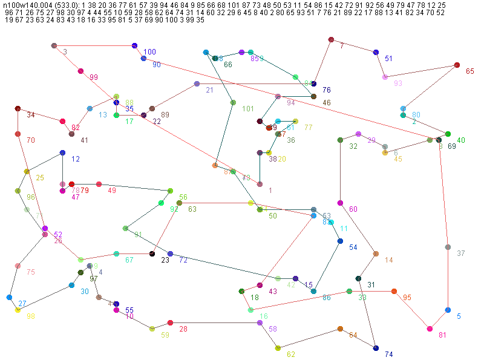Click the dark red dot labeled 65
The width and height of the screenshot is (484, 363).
tap(457, 65)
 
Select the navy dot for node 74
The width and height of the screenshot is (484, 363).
tap(376, 348)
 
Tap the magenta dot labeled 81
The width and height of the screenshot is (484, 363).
tap(430, 329)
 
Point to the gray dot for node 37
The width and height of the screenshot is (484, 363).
tap(448, 247)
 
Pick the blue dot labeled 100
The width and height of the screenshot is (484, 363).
tap(134, 46)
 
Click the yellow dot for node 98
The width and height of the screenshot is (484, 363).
tap(18, 310)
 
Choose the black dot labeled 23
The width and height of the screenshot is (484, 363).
tap(152, 253)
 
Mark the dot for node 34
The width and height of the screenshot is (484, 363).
tap(18, 108)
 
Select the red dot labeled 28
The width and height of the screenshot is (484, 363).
tap(170, 322)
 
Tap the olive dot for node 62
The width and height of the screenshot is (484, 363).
tap(278, 348)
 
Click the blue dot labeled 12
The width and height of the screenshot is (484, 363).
tap(62, 153)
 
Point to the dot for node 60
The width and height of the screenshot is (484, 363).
tap(340, 203)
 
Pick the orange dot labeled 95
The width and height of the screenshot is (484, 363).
tap(394, 291)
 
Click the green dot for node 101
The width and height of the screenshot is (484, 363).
tap(233, 103)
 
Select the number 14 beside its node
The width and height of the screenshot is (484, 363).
tap(389, 260)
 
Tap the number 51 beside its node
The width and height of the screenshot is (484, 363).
tap(388, 59)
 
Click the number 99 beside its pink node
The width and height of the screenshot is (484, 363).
tap(94, 77)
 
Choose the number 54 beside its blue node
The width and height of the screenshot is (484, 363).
tap(353, 247)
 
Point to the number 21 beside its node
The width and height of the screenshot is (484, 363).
tap(209, 90)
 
